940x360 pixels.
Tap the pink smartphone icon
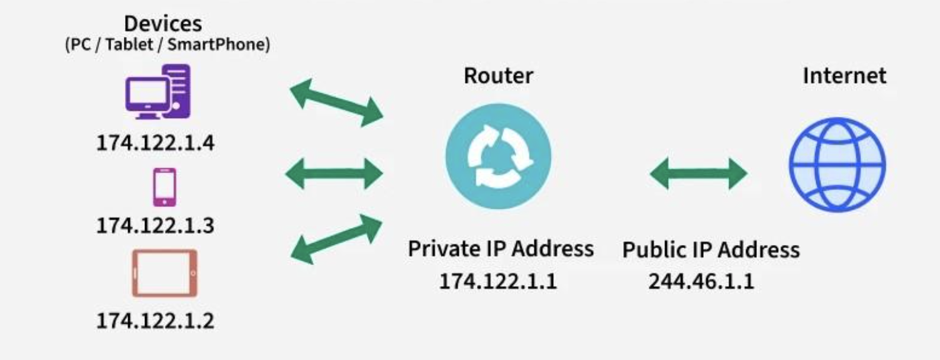164,187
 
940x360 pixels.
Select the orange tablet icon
165,274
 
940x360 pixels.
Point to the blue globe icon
837,164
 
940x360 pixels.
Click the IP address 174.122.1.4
155,143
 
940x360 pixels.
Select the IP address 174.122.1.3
155,226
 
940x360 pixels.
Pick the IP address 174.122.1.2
155,321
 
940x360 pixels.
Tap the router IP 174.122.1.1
497,281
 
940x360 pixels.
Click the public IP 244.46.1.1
701,281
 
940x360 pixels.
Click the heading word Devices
163,24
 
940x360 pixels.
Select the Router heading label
498,76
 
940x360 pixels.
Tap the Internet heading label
844,76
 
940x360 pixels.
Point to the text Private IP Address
501,249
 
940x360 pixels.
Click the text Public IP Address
711,250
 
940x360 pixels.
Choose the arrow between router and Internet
698,172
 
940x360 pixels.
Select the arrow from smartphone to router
334,172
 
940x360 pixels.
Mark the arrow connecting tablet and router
337,239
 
